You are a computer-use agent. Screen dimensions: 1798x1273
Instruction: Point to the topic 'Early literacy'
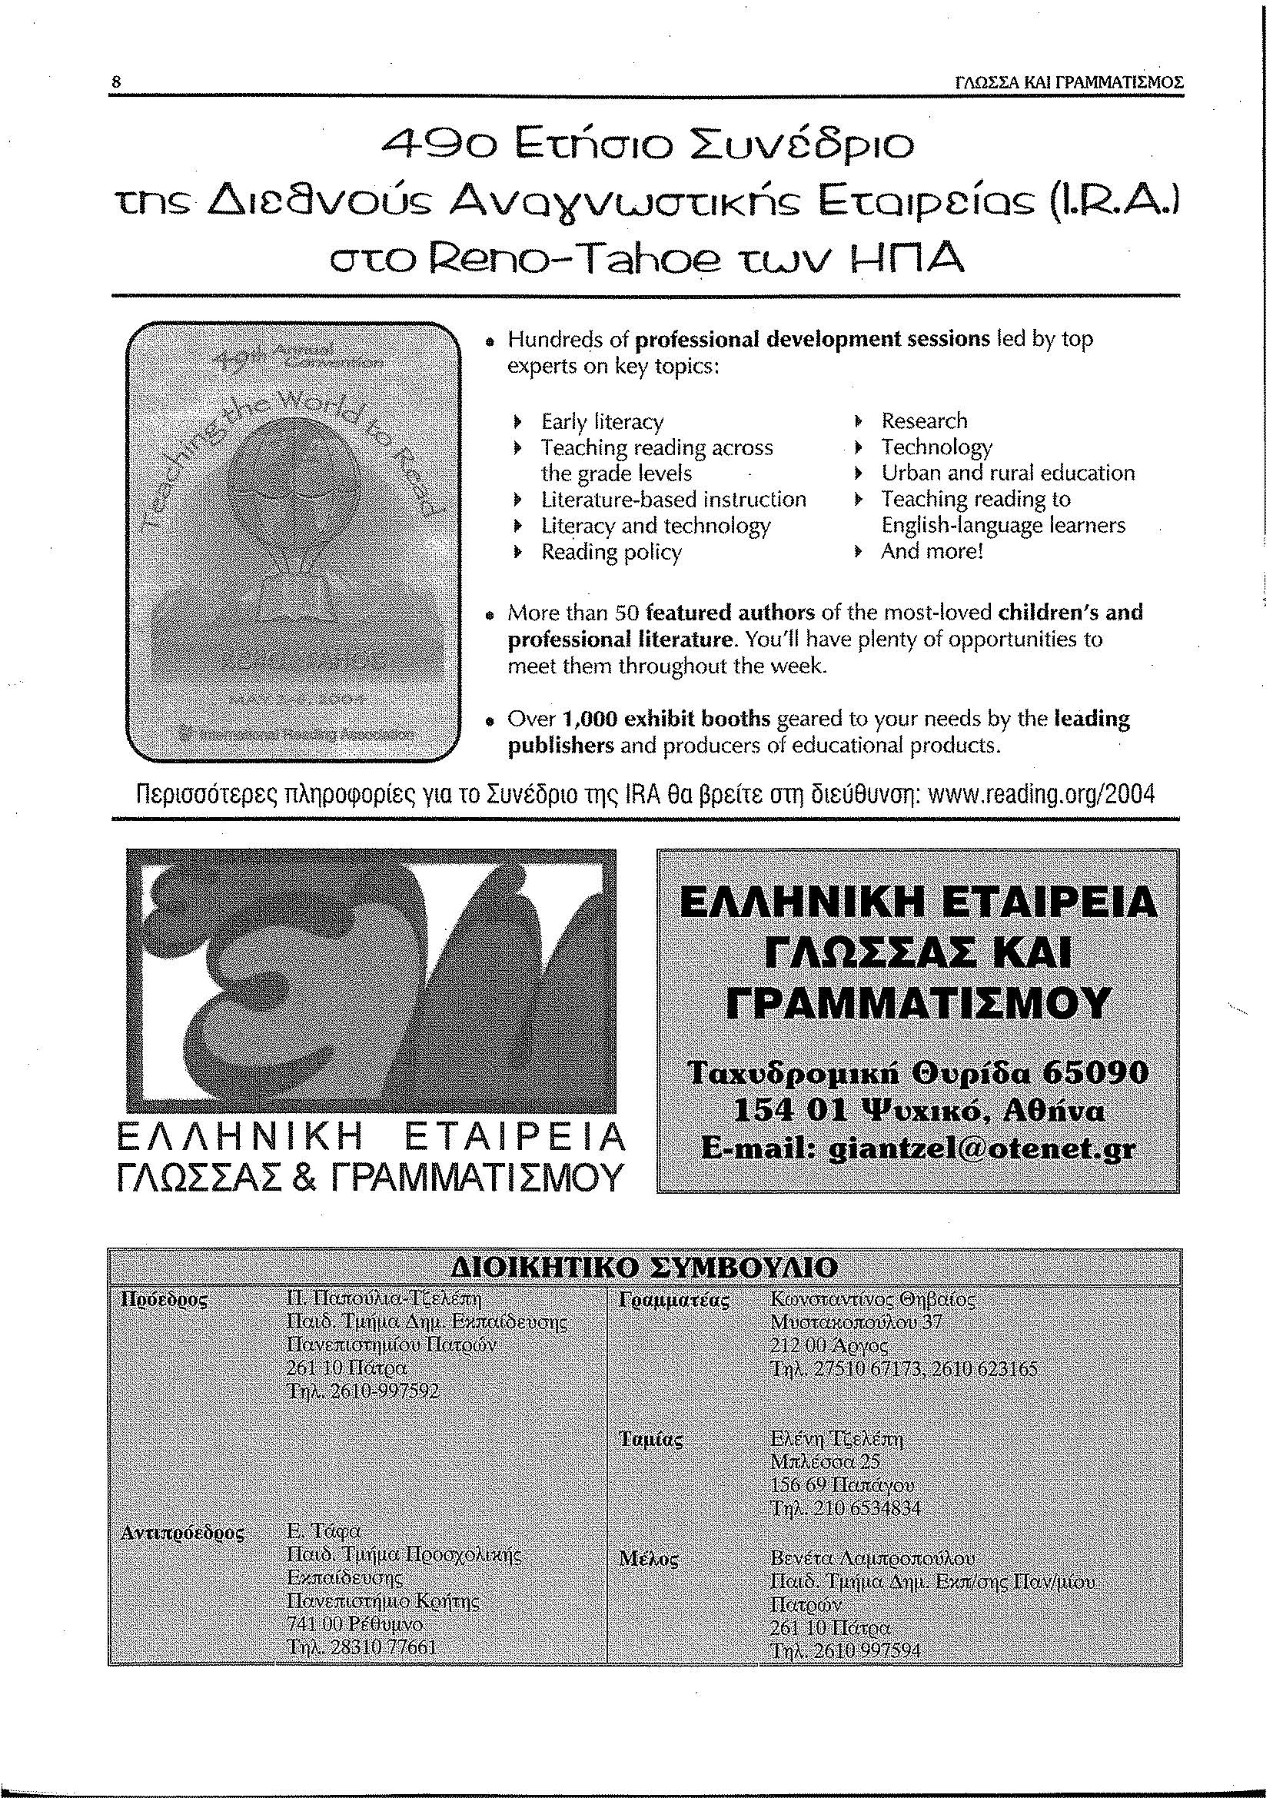[x=602, y=422]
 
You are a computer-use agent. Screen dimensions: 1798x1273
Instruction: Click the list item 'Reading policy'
[x=611, y=552]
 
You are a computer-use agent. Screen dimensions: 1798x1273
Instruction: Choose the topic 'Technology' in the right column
[x=937, y=447]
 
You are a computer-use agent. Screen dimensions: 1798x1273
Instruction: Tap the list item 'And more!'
[x=932, y=551]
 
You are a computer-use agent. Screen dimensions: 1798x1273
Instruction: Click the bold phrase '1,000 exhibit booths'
[x=667, y=719]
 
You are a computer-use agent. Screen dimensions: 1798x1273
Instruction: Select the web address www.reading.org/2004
[x=1041, y=796]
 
